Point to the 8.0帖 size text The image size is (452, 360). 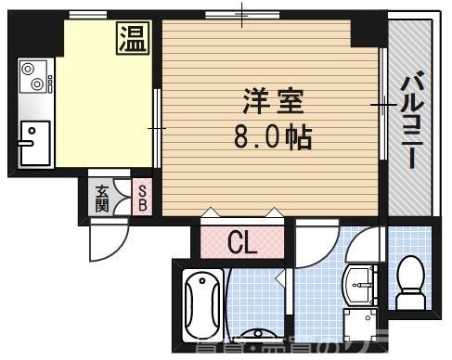272,137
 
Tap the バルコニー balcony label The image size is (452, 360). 408,122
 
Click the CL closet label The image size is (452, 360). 243,243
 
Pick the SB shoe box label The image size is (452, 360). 142,197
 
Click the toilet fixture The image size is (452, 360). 408,283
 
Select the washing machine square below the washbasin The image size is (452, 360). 357,325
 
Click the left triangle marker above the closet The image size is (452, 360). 213,212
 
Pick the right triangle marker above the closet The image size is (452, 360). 272,212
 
